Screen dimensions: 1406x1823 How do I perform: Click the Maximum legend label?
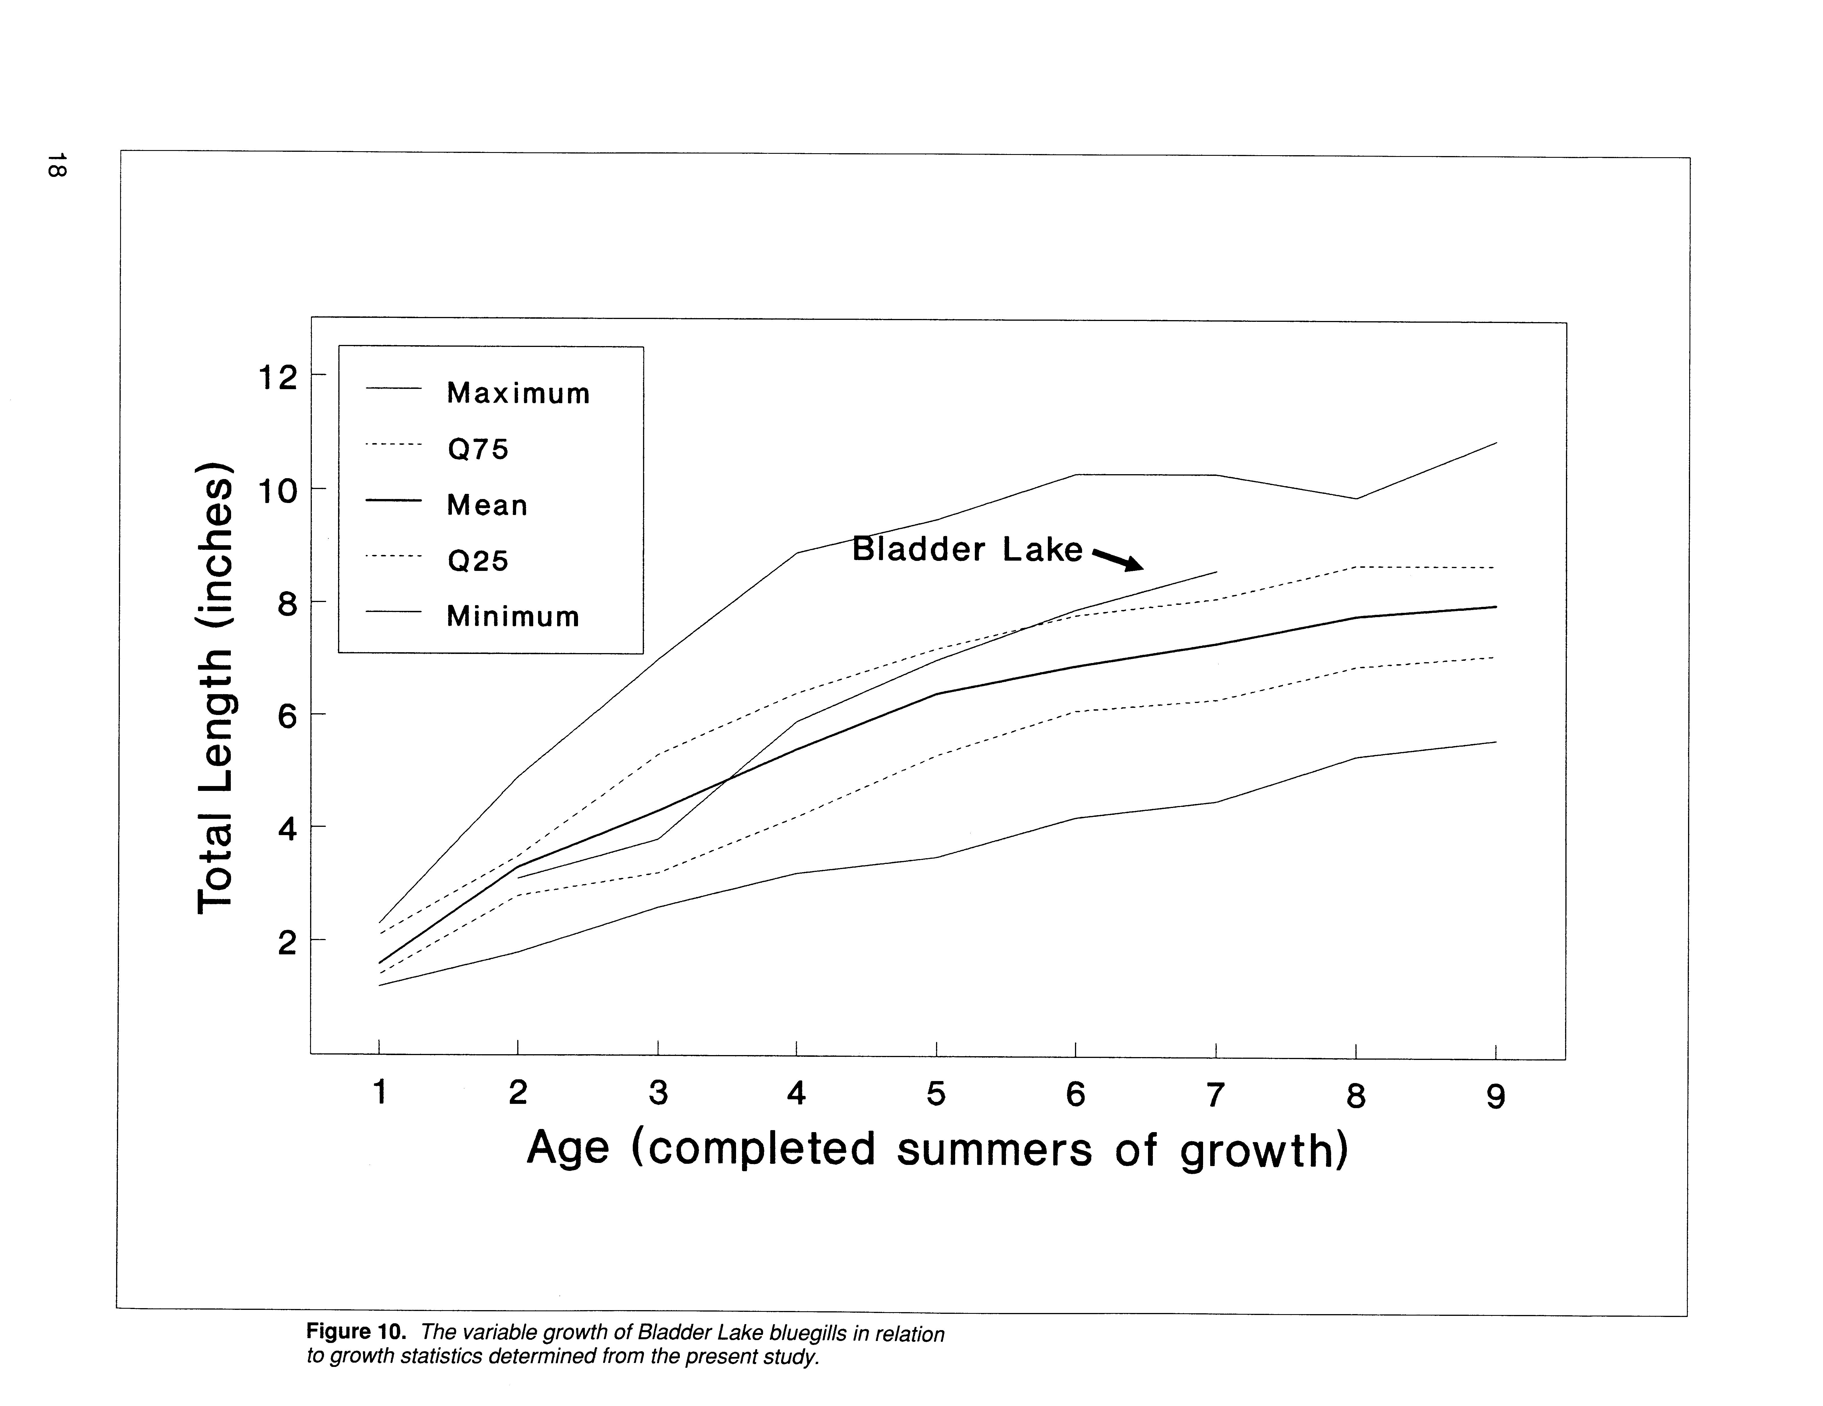[518, 393]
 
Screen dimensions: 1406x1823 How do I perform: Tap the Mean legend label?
[488, 505]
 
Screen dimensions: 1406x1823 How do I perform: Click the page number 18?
[57, 164]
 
